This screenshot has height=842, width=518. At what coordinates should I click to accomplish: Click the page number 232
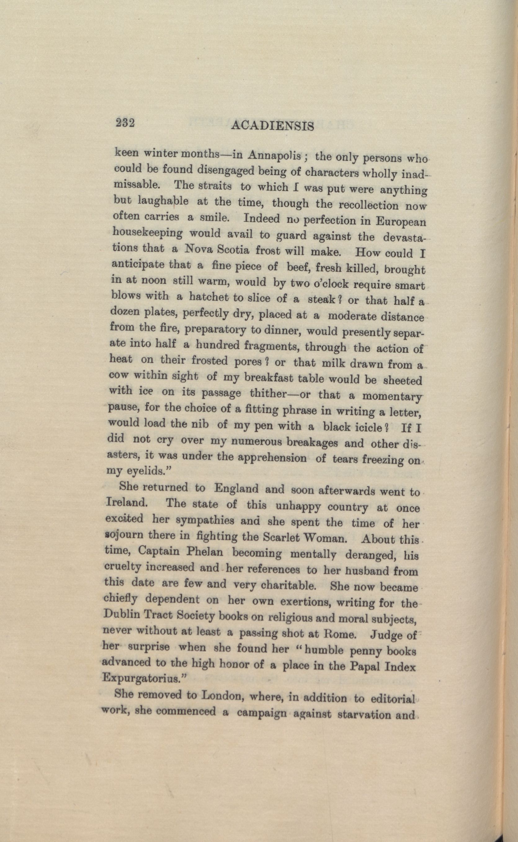coord(124,123)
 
